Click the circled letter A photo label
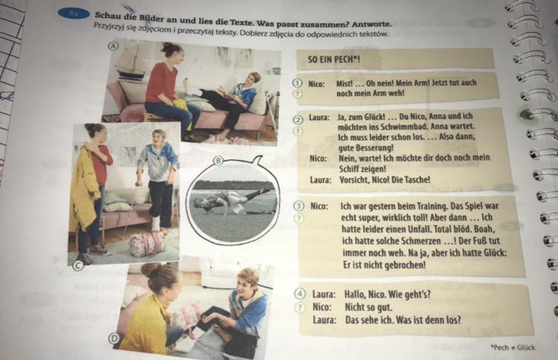click(x=113, y=46)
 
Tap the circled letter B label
click(x=219, y=161)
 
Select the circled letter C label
click(x=78, y=266)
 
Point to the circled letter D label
click(x=114, y=338)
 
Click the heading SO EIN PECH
click(x=334, y=59)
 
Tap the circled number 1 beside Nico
click(x=297, y=83)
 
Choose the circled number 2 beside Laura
click(x=298, y=120)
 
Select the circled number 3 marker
click(x=298, y=205)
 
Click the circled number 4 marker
click(x=301, y=294)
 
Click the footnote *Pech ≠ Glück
click(x=513, y=347)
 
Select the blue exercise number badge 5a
click(x=74, y=14)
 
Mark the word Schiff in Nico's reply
click(x=349, y=169)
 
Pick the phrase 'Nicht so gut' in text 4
click(x=369, y=307)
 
